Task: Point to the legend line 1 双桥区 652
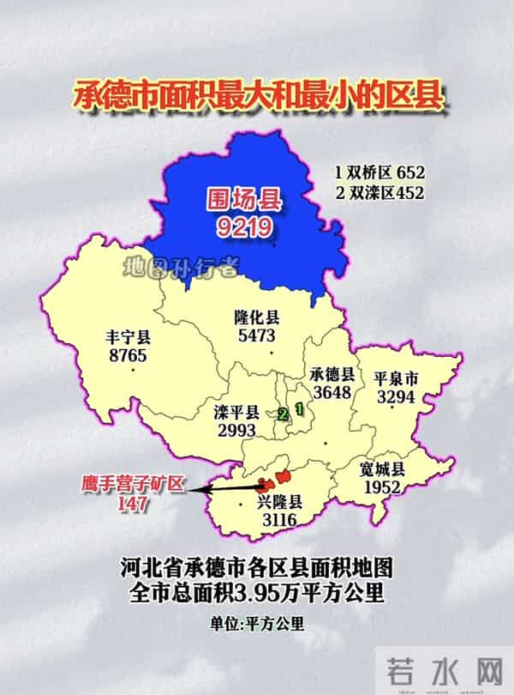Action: (380, 172)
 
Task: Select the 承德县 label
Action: (333, 375)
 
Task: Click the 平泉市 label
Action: (396, 378)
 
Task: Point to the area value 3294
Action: (396, 397)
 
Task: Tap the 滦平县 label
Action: (236, 412)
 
